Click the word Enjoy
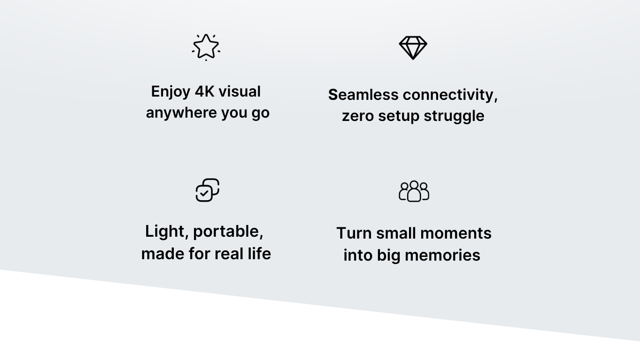[x=171, y=92]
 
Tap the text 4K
[x=205, y=91]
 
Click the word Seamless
[x=363, y=95]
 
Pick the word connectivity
[x=450, y=95]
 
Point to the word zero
[x=357, y=116]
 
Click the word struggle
[x=454, y=117]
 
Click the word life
[x=259, y=253]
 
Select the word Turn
[x=354, y=233]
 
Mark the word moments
[x=456, y=233]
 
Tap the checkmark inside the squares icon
[x=204, y=194]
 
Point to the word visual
[x=239, y=91]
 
